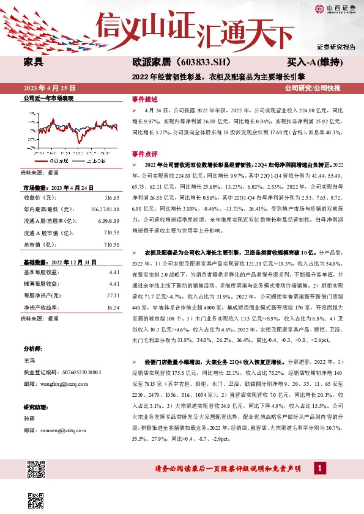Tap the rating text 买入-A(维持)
click(313, 62)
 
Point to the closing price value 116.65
click(112, 198)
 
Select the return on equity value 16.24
click(113, 308)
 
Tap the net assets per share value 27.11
click(113, 295)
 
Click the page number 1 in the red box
click(319, 485)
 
